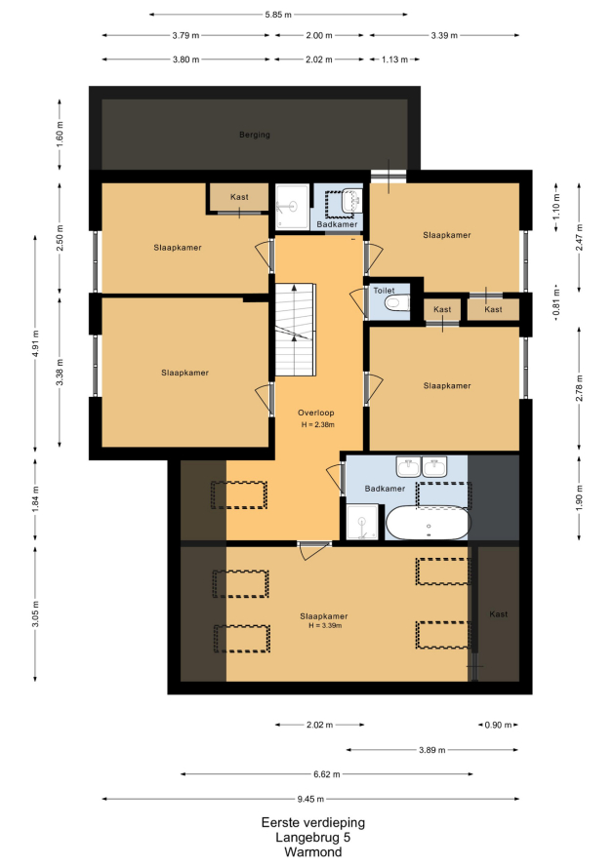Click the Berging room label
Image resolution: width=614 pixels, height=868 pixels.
pyautogui.click(x=255, y=135)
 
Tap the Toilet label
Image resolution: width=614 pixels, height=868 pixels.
pyautogui.click(x=384, y=290)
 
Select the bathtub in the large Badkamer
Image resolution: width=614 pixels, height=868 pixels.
pyautogui.click(x=428, y=523)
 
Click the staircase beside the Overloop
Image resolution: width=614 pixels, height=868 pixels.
pyautogui.click(x=296, y=330)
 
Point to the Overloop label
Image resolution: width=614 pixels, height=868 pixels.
pyautogui.click(x=316, y=413)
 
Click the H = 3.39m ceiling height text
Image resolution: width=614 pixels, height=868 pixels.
pyautogui.click(x=325, y=625)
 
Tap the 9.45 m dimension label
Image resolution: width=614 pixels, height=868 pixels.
pyautogui.click(x=310, y=799)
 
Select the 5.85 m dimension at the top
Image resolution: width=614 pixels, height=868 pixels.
pyautogui.click(x=278, y=15)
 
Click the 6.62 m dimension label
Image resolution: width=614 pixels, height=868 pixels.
pyautogui.click(x=326, y=774)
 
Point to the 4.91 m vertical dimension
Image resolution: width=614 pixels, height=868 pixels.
pyautogui.click(x=35, y=343)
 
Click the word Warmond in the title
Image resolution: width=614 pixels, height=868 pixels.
pyautogui.click(x=313, y=852)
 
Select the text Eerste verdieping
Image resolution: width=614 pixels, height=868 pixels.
pyautogui.click(x=313, y=822)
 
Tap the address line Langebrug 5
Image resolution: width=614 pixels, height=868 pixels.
pyautogui.click(x=313, y=838)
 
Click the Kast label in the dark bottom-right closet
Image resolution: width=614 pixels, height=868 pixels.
pyautogui.click(x=498, y=613)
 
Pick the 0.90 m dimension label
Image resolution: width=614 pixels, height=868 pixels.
pyautogui.click(x=498, y=725)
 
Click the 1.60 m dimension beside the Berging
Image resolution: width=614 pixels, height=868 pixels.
pyautogui.click(x=60, y=134)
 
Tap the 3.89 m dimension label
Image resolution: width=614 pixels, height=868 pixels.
pyautogui.click(x=431, y=750)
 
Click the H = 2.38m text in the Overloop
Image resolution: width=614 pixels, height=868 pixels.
pyautogui.click(x=317, y=425)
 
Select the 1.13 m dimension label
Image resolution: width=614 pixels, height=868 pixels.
pyautogui.click(x=394, y=59)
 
